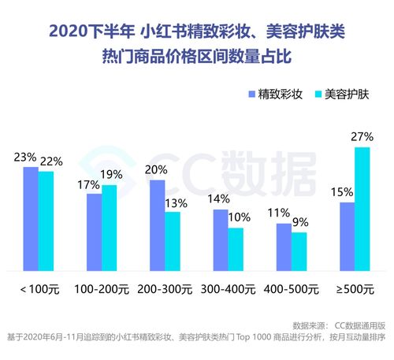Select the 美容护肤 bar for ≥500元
coord(362,210)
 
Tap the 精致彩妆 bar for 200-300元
coord(157,225)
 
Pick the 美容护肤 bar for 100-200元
coord(110,228)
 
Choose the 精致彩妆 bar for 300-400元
coord(220,240)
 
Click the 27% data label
coord(362,137)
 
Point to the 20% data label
coord(157,169)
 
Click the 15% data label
coord(342,192)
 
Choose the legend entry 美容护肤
coord(342,94)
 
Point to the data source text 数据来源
coord(310,325)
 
